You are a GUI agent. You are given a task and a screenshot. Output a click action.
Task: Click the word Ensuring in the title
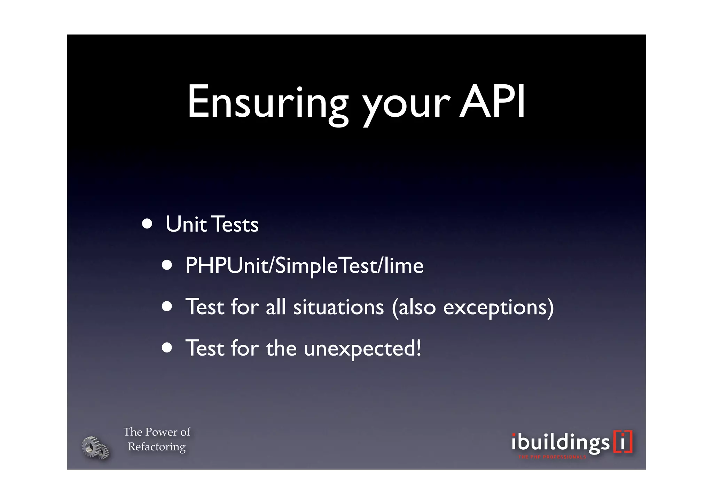(268, 102)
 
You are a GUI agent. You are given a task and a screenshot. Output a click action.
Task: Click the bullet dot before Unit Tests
(147, 224)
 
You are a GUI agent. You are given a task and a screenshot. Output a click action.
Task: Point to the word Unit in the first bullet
(186, 224)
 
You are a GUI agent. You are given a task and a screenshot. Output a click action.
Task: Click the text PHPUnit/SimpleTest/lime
(304, 266)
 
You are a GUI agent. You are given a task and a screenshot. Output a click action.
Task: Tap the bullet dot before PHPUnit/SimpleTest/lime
(167, 265)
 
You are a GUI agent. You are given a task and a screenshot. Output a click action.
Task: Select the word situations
(338, 307)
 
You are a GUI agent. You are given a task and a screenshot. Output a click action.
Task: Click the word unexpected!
(362, 348)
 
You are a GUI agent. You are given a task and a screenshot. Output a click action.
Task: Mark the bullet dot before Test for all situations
(167, 307)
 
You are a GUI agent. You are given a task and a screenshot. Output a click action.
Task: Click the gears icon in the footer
(95, 448)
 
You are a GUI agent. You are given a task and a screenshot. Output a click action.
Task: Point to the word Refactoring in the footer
(157, 447)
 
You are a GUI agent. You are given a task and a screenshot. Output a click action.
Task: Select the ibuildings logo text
(560, 443)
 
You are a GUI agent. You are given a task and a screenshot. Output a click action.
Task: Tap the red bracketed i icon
(623, 442)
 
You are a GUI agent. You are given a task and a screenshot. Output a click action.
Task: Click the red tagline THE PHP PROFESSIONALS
(552, 457)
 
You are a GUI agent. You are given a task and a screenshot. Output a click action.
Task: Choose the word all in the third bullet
(275, 307)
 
